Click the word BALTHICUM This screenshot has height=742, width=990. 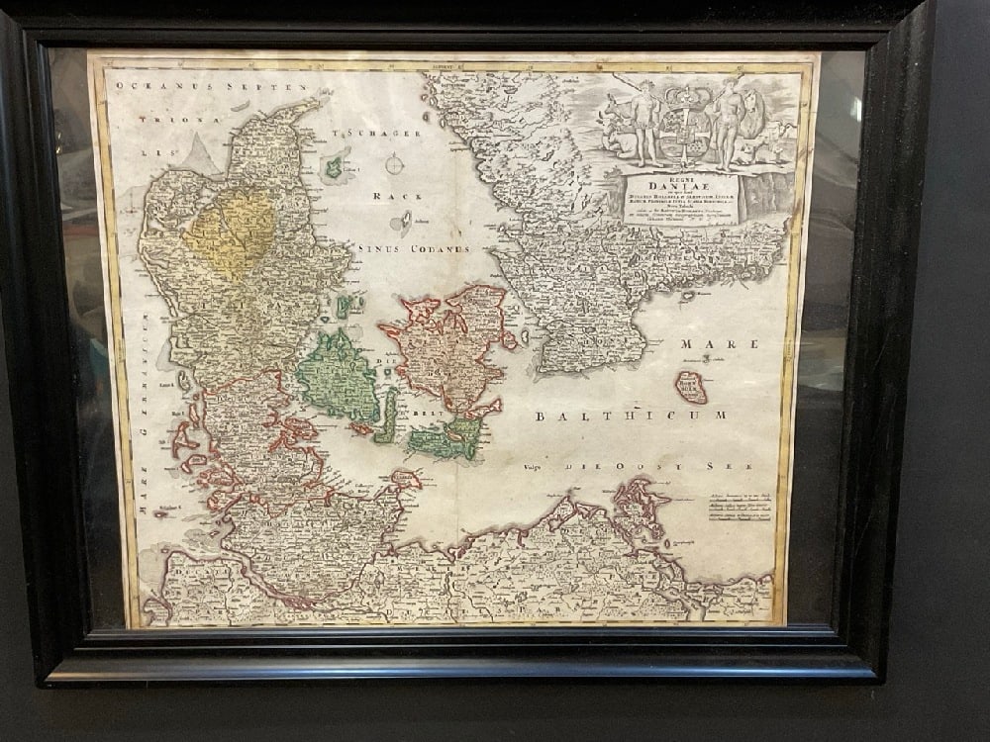[x=631, y=416]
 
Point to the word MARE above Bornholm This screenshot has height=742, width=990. [x=718, y=344]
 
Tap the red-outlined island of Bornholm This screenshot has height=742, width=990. [x=690, y=386]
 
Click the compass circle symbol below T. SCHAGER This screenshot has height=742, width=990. [x=394, y=164]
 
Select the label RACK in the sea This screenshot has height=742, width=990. [x=390, y=196]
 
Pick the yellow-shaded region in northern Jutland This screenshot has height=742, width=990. [x=230, y=232]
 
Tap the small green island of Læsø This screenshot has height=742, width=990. [x=335, y=166]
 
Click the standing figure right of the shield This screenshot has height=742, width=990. [x=731, y=121]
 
